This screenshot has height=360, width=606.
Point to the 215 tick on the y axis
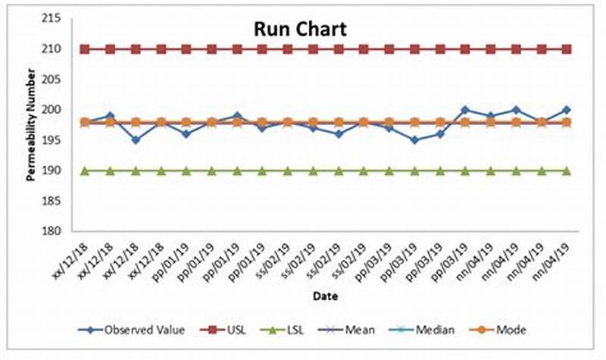(62, 19)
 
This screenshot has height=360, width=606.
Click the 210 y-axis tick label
(62, 49)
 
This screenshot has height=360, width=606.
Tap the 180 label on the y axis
(62, 231)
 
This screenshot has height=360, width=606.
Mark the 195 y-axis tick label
(62, 140)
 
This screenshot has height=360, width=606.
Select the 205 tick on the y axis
(62, 80)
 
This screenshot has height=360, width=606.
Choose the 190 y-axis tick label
(62, 171)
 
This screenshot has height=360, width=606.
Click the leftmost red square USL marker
(85, 49)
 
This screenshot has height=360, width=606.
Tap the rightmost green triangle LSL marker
(567, 171)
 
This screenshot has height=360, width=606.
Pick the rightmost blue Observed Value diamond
(567, 110)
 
